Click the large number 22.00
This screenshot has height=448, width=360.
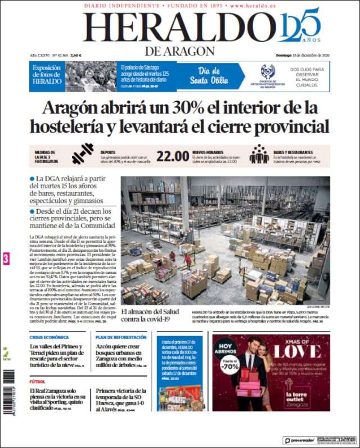click(172, 156)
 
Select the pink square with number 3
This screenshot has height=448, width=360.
click(6, 259)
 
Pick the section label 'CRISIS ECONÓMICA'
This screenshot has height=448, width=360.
click(49, 337)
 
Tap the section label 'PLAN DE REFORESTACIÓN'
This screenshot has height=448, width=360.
click(121, 337)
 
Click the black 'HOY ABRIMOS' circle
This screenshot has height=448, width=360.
click(226, 347)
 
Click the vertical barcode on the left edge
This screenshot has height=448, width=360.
click(7, 393)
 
